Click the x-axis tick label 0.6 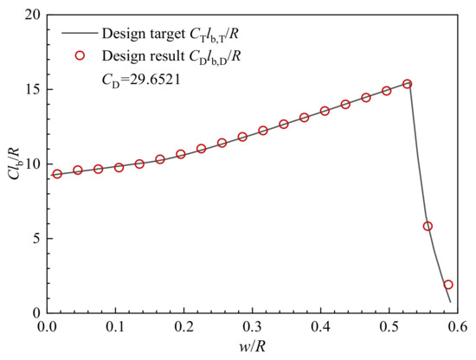[457, 329]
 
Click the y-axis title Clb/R [11, 164]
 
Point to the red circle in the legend [79, 55]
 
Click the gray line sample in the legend [79, 35]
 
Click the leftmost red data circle [57, 174]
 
